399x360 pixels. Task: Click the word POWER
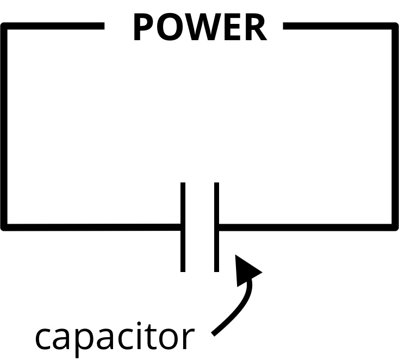199,28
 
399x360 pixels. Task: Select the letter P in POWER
142,28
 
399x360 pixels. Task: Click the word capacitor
114,338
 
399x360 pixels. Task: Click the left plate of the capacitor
183,227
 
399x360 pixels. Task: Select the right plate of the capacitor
216,227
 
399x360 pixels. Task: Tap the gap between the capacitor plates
199,227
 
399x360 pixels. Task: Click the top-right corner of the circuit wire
395,26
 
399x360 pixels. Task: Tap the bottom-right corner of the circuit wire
395,226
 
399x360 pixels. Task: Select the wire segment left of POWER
54,26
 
